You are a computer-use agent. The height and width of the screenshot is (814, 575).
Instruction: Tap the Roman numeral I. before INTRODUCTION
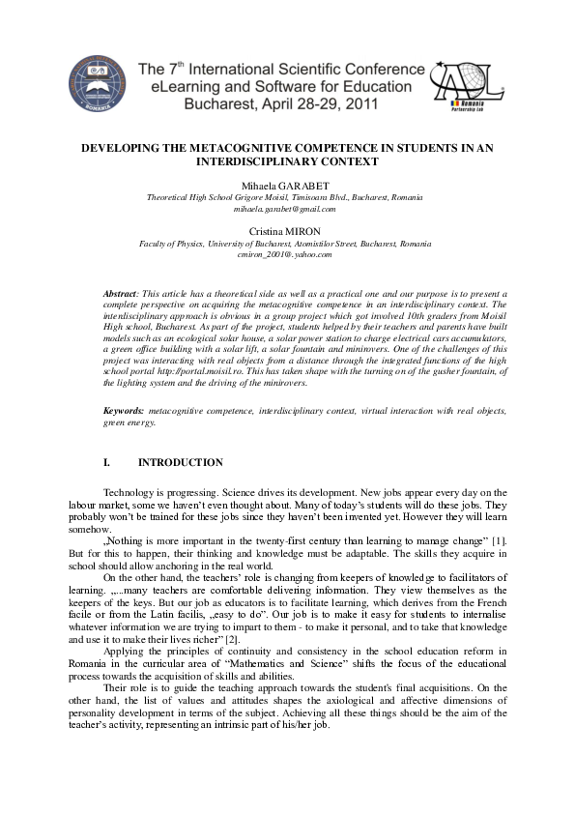click(x=107, y=463)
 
